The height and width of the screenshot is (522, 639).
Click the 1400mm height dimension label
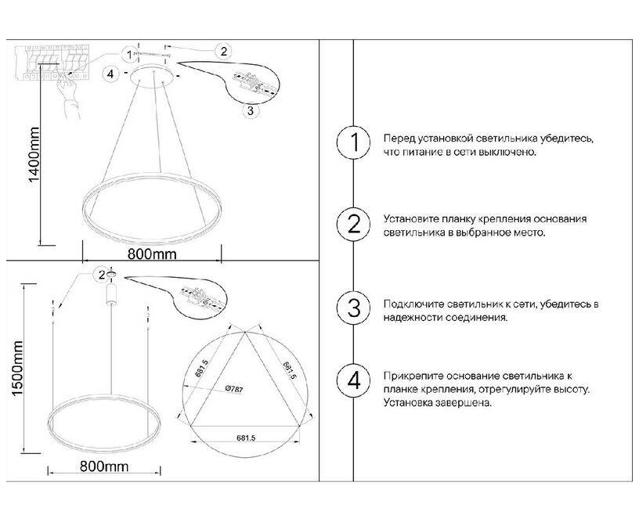34,156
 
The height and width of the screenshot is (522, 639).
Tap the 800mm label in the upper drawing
153,254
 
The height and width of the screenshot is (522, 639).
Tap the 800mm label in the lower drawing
104,466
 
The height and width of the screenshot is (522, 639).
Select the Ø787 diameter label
234,389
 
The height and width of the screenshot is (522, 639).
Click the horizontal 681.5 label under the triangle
246,438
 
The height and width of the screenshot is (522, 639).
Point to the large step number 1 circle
353,142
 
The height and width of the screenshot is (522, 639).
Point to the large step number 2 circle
353,225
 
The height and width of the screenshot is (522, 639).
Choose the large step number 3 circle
353,308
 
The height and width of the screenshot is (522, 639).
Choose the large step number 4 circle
353,381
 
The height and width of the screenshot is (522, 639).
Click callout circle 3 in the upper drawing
251,110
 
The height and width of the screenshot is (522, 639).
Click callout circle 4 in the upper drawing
111,74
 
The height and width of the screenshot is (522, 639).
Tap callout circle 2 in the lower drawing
102,275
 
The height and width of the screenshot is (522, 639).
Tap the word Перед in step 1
398,139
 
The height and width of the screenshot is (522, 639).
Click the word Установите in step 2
411,219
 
